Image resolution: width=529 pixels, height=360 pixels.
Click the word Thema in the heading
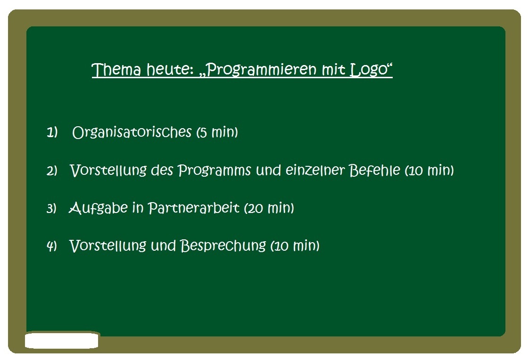pos(116,69)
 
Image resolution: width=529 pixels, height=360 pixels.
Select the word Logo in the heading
pos(369,70)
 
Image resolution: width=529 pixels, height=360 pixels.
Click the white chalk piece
pos(62,340)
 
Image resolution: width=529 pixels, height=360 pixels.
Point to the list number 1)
pos(52,132)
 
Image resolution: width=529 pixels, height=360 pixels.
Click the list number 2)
pos(52,171)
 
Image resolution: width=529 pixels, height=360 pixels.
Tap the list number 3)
pos(51,208)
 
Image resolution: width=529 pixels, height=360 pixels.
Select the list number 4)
pos(51,245)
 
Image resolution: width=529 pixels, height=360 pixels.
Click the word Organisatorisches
pos(132,132)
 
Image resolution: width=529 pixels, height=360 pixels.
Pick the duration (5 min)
pos(217,132)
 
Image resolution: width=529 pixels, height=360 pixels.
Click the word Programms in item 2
pos(214,171)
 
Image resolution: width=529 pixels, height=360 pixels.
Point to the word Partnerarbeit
pos(194,208)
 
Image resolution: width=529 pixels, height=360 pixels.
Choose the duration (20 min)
pos(269,208)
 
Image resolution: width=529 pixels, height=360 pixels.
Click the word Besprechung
pos(223,245)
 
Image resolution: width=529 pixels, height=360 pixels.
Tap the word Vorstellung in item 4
pos(107,245)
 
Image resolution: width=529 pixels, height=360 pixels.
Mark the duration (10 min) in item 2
pos(429,170)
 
